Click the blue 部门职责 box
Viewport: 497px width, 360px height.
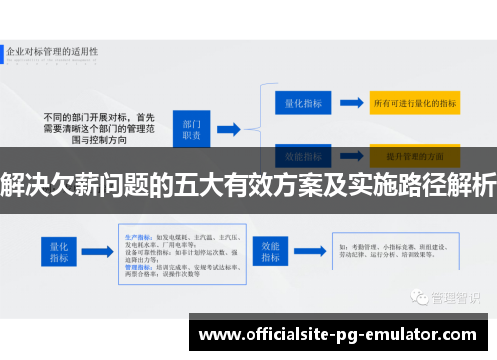[192, 128]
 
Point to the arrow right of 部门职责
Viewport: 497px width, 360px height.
[228, 128]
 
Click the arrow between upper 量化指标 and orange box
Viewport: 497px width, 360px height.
[345, 103]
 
